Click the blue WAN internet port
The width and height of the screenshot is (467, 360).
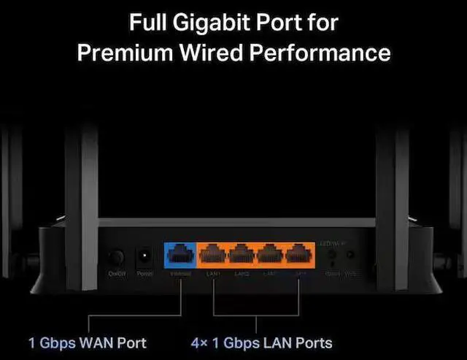click(x=180, y=256)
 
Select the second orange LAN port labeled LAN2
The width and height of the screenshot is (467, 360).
click(x=242, y=256)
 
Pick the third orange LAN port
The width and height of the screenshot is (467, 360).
click(x=270, y=256)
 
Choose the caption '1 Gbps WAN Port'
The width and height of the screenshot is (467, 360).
click(x=88, y=342)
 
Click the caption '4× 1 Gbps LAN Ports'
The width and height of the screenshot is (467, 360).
click(x=261, y=342)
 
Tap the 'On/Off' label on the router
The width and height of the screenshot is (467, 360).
click(x=117, y=274)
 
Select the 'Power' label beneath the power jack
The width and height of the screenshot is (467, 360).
click(x=145, y=274)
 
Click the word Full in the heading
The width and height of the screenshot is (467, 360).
click(x=148, y=23)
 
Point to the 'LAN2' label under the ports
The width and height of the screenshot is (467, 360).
click(x=242, y=274)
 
